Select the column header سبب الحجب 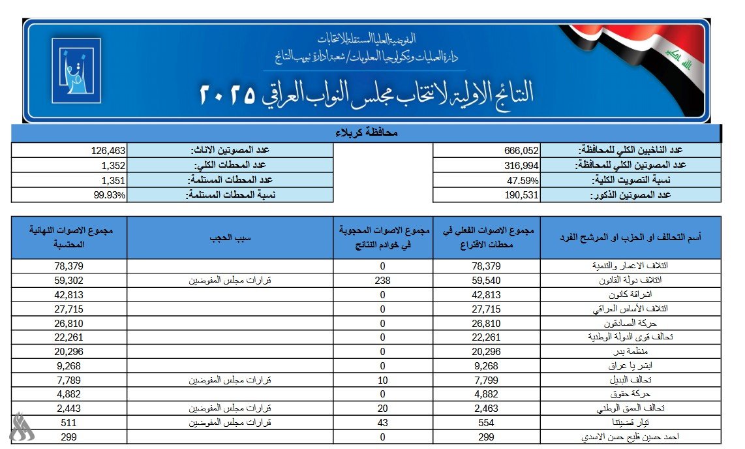230,238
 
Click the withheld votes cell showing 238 383,280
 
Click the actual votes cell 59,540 487,280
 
